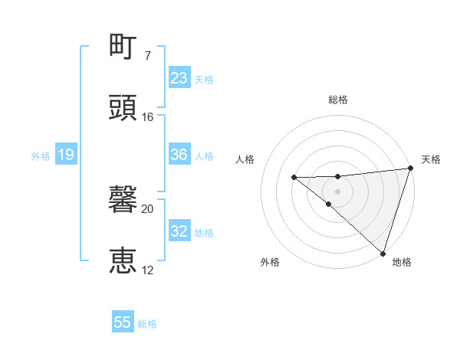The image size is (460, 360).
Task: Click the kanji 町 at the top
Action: click(x=123, y=48)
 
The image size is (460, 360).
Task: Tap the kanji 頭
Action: click(x=123, y=108)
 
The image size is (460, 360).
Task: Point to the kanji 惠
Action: click(x=123, y=261)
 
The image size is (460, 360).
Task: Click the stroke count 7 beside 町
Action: click(x=148, y=56)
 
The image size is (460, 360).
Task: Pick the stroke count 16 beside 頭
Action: click(x=148, y=117)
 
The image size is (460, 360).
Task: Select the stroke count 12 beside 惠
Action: click(x=148, y=270)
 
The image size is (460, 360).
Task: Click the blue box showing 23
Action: click(x=179, y=78)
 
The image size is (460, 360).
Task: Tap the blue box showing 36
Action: click(x=179, y=155)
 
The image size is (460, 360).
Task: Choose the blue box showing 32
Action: click(x=179, y=231)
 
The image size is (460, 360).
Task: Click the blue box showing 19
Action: click(x=66, y=155)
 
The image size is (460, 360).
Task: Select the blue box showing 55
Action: click(x=123, y=322)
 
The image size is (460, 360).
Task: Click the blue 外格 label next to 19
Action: click(x=41, y=155)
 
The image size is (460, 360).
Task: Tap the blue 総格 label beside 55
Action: click(x=147, y=324)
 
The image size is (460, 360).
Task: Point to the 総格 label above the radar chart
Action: click(x=337, y=100)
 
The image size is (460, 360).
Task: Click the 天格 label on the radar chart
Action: click(x=432, y=159)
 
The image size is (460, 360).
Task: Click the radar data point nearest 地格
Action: click(x=383, y=253)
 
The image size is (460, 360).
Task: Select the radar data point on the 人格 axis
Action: click(x=294, y=177)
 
